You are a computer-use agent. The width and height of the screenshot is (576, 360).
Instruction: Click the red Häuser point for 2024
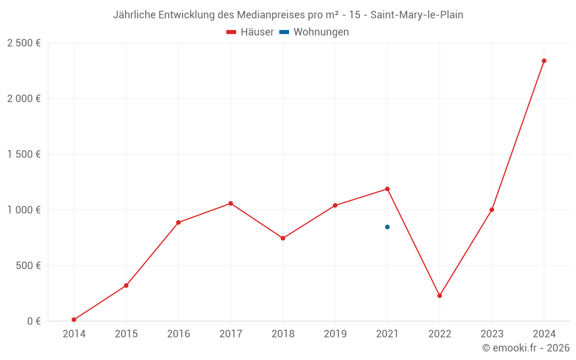pyautogui.click(x=544, y=60)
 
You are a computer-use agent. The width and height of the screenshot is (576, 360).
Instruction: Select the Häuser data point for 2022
pyautogui.click(x=439, y=295)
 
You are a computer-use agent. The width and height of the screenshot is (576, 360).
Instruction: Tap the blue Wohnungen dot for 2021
pyautogui.click(x=387, y=227)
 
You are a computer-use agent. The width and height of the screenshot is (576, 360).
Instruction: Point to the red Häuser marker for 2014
pyautogui.click(x=74, y=320)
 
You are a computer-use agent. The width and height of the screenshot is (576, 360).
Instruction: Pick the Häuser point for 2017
pyautogui.click(x=230, y=203)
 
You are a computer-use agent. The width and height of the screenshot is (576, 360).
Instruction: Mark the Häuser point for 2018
pyautogui.click(x=283, y=238)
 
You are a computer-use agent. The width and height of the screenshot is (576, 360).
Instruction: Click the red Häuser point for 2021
pyautogui.click(x=387, y=189)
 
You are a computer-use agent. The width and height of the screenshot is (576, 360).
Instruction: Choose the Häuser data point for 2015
pyautogui.click(x=126, y=286)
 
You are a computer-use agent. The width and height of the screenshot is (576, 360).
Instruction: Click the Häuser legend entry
pyautogui.click(x=250, y=32)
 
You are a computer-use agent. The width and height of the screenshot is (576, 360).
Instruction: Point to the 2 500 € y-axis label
pyautogui.click(x=24, y=43)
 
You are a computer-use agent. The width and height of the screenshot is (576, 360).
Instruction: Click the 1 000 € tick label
pyautogui.click(x=24, y=210)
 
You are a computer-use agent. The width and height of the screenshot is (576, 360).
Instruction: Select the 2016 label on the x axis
pyautogui.click(x=179, y=334)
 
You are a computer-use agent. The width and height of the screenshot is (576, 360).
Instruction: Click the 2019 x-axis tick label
pyautogui.click(x=335, y=334)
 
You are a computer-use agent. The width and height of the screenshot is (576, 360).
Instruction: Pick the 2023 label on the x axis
pyautogui.click(x=491, y=334)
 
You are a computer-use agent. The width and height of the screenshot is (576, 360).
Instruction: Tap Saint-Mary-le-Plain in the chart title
pyautogui.click(x=416, y=15)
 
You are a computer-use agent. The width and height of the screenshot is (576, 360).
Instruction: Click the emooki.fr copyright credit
pyautogui.click(x=526, y=348)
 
